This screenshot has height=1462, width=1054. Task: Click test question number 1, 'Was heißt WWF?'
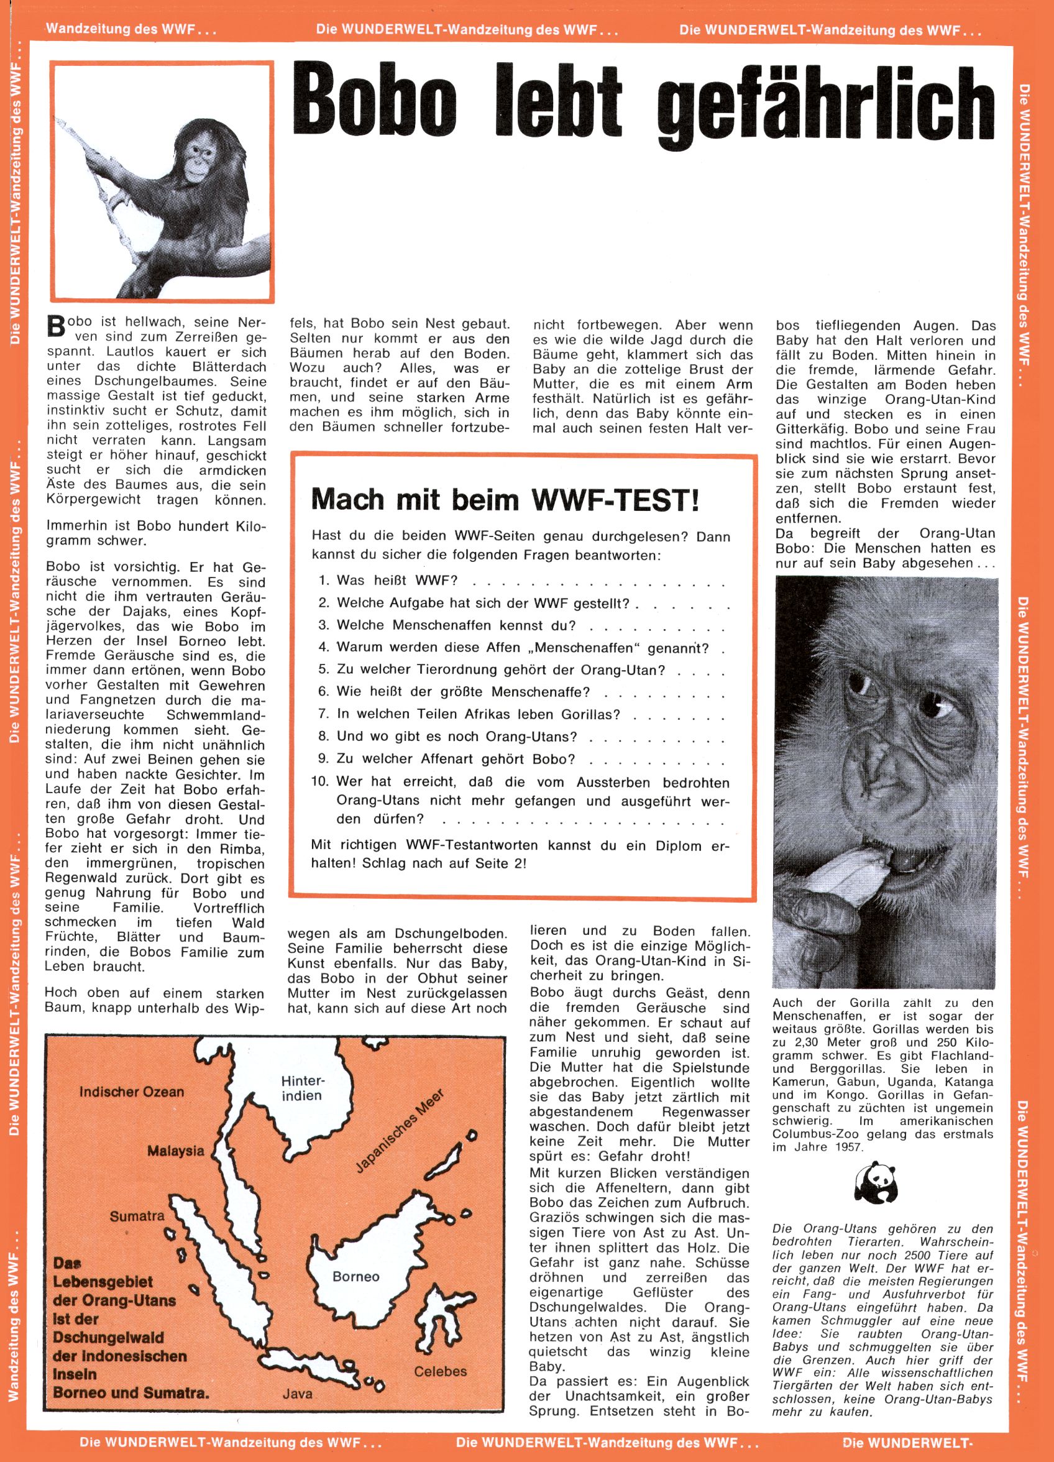[396, 580]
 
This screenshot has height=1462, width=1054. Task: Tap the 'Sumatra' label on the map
[137, 1217]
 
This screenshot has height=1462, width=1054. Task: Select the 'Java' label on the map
[297, 1394]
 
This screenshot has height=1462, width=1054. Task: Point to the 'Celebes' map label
[440, 1371]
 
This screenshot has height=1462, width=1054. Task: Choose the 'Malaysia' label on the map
[175, 1151]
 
